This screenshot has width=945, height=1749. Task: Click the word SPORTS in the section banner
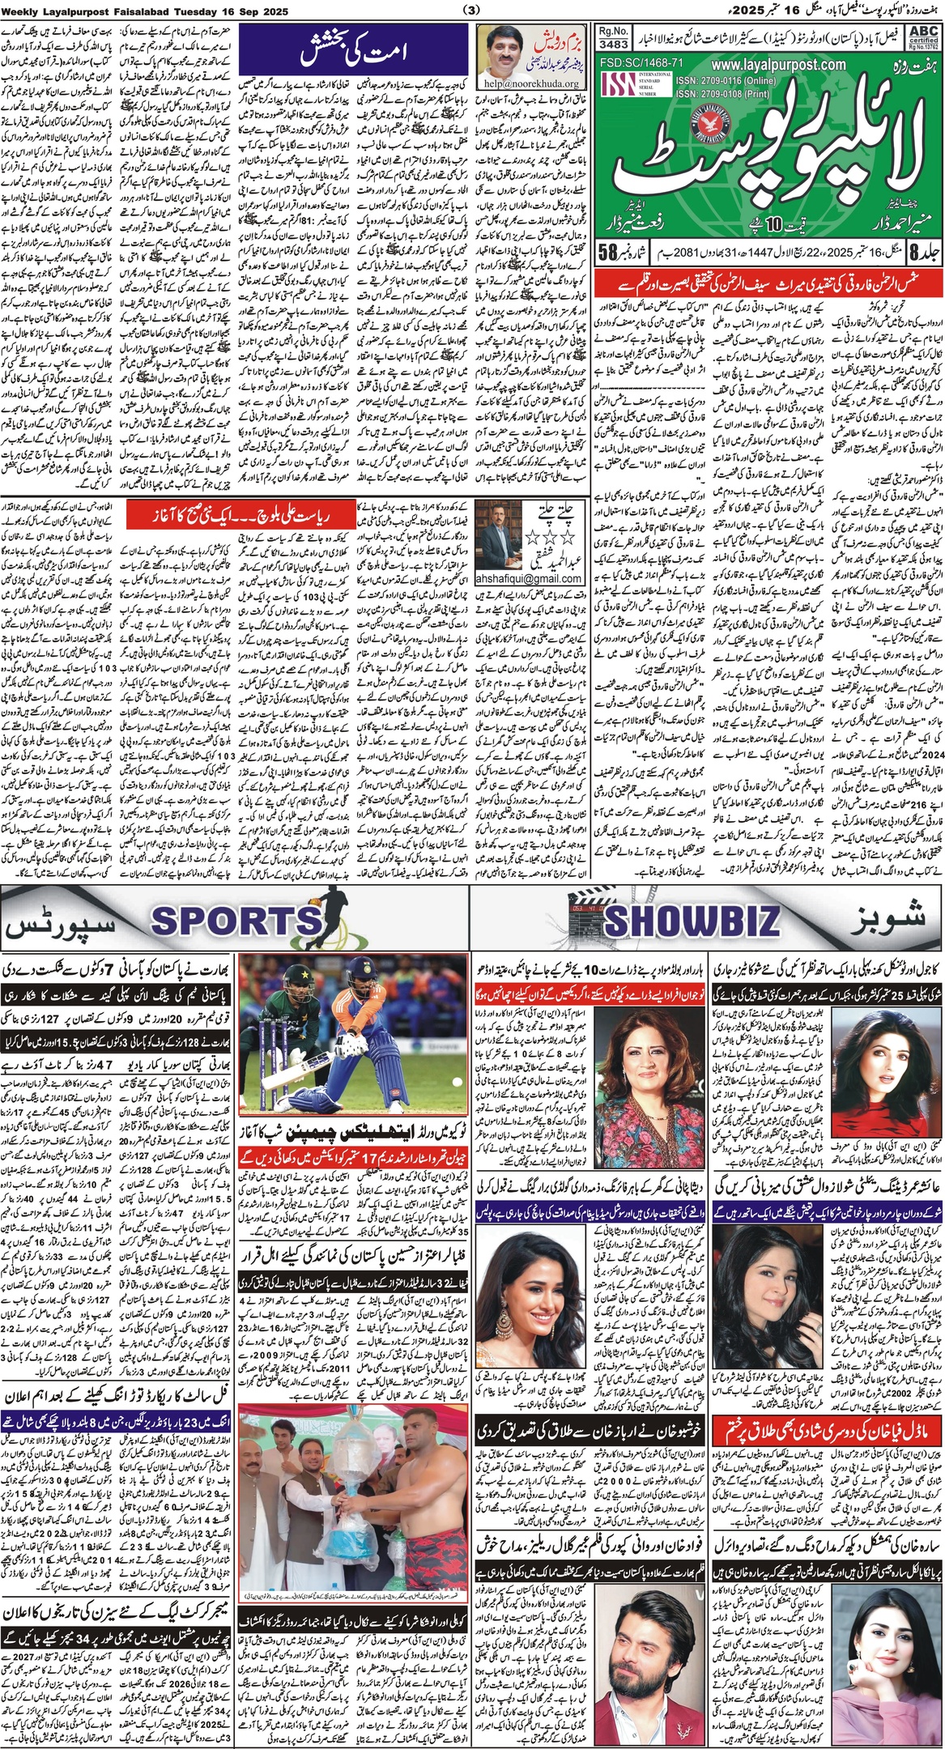pos(236,921)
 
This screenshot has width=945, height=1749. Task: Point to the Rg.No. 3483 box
pos(615,36)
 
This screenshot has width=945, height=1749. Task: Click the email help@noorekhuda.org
pos(527,83)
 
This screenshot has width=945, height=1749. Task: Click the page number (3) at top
pos(472,10)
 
